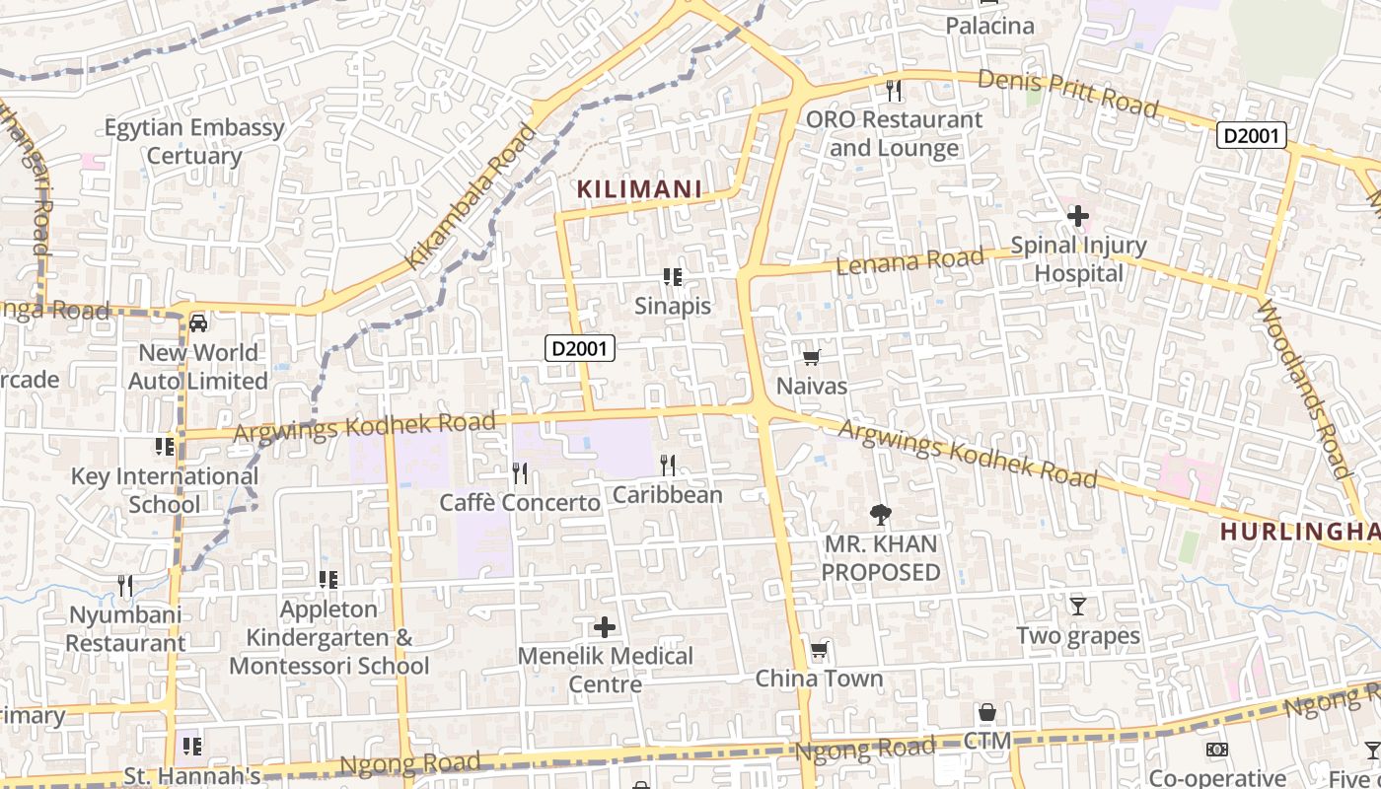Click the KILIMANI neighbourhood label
tap(639, 188)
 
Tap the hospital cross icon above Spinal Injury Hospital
tap(1077, 214)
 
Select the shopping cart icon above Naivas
tap(811, 357)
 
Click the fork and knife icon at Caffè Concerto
tap(520, 473)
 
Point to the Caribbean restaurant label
tap(668, 494)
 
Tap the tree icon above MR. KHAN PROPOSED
tap(880, 514)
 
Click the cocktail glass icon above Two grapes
tap(1077, 606)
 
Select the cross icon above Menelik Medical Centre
tap(605, 626)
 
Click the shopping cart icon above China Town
tap(819, 650)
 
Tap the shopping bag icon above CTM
tap(986, 712)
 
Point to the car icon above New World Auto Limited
tap(198, 323)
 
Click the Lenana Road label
tap(909, 261)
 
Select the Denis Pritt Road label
tap(1067, 93)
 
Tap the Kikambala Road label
tap(472, 197)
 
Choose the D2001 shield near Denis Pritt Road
tap(1251, 135)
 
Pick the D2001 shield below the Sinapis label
tap(580, 347)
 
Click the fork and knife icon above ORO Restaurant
tap(894, 91)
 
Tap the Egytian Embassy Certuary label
tap(194, 141)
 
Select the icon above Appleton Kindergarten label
tap(328, 579)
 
